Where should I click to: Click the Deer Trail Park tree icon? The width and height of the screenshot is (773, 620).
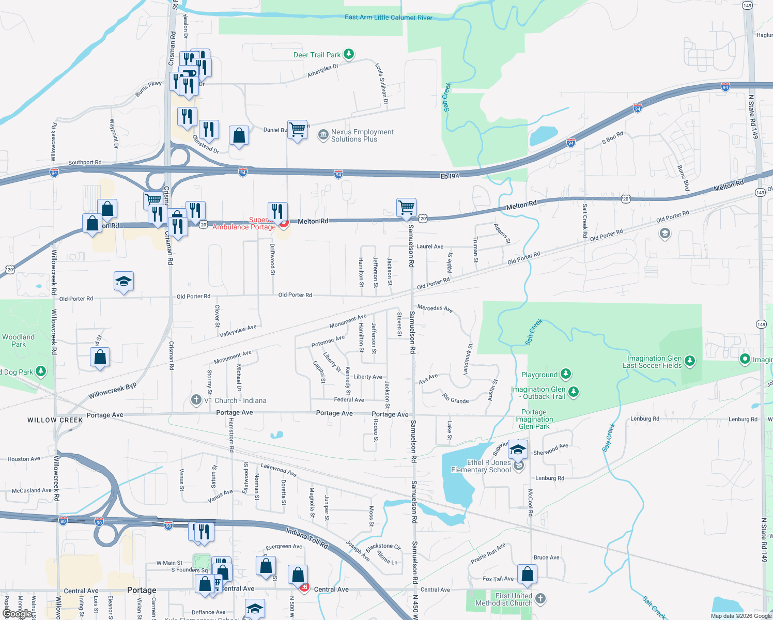[x=349, y=54]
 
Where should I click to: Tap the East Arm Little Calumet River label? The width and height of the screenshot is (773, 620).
[x=389, y=18]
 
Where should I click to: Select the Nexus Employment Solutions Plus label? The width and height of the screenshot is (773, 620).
[x=362, y=136]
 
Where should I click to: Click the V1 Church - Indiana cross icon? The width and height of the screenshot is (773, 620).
[x=196, y=400]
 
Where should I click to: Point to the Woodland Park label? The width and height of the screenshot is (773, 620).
[x=19, y=340]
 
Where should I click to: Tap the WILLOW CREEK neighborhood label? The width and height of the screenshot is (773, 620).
[x=55, y=420]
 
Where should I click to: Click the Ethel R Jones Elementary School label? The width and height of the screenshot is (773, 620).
[x=481, y=467]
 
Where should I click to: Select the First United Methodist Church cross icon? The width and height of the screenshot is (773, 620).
[x=540, y=598]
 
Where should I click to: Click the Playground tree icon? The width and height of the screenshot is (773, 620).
[x=566, y=374]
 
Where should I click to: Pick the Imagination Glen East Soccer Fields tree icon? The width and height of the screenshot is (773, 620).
[x=690, y=361]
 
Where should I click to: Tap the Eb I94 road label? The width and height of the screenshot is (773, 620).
[x=450, y=176]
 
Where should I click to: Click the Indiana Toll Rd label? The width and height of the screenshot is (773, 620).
[x=307, y=538]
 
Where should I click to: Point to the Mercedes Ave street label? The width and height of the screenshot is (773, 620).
[x=435, y=308]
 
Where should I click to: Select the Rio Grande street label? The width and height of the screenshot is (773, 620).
[x=456, y=399]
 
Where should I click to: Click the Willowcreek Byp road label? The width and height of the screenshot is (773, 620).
[x=112, y=391]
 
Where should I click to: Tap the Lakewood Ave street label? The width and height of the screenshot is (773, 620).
[x=279, y=469]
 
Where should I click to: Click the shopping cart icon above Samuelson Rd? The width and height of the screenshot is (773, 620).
[x=407, y=207]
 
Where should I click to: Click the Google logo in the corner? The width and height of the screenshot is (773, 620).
[x=17, y=614]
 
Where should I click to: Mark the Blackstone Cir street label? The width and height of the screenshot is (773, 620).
[x=383, y=547]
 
